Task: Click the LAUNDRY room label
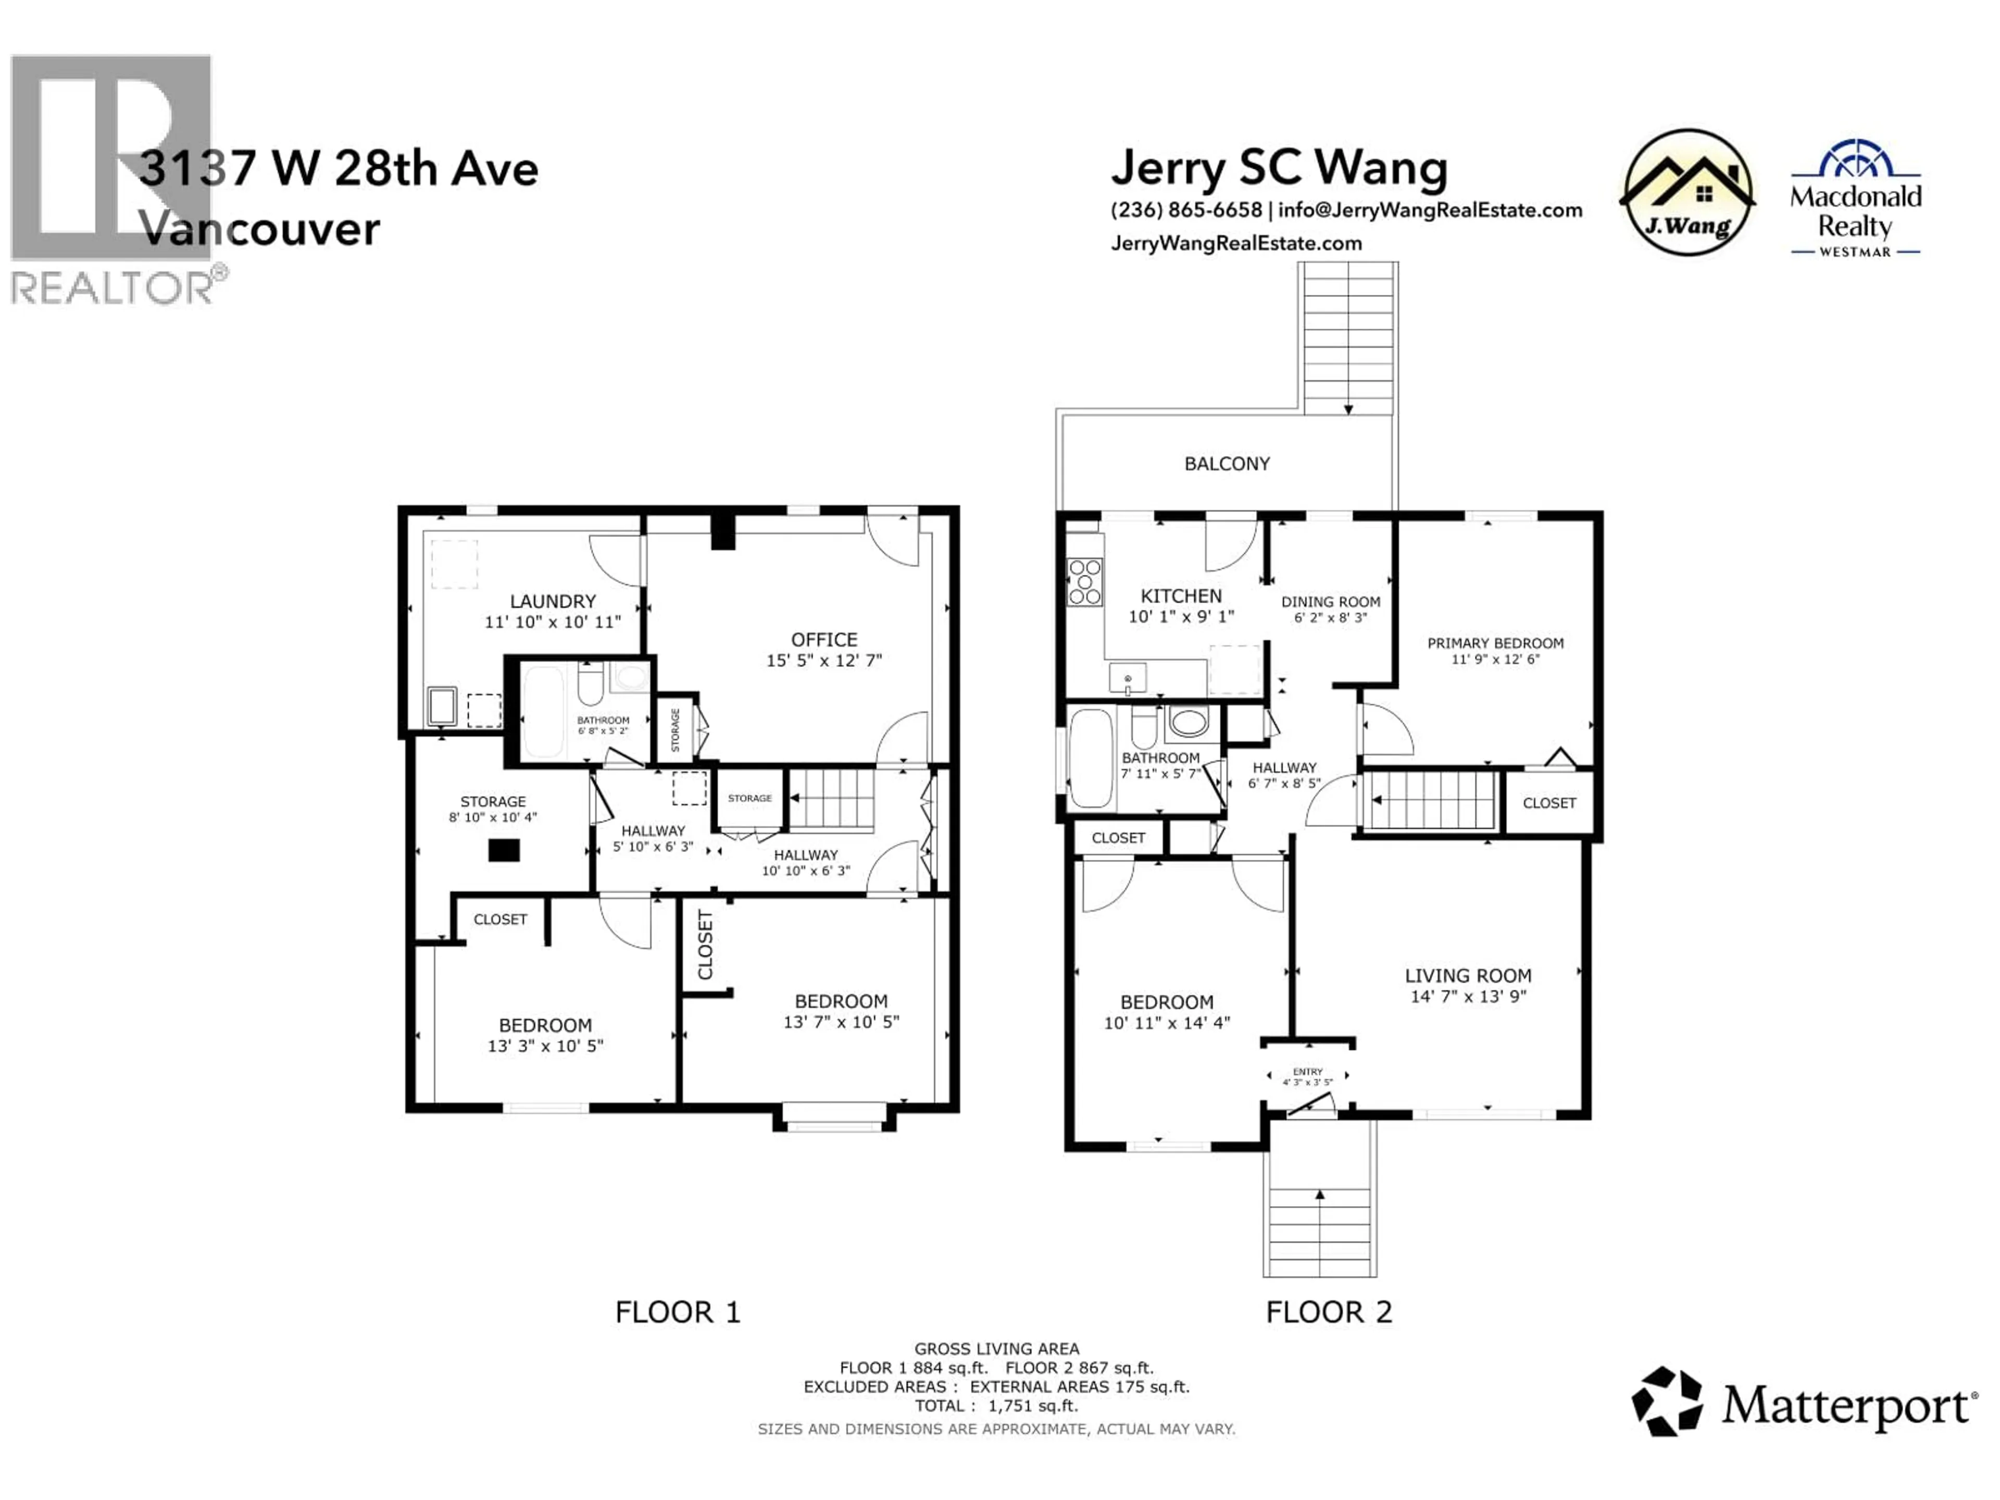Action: tap(553, 601)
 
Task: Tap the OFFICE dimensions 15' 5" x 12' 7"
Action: tap(823, 661)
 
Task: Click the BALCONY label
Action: tap(1227, 464)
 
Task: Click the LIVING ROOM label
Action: tap(1468, 976)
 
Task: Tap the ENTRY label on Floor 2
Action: tap(1307, 1071)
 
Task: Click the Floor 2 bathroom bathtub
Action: tap(1091, 758)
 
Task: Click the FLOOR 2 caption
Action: tap(1328, 1312)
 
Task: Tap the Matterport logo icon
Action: tap(1666, 1402)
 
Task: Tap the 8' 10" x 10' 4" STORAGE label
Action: tap(493, 809)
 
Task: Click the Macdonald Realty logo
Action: tap(1855, 199)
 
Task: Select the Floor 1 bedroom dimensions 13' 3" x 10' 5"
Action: tap(545, 1046)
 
